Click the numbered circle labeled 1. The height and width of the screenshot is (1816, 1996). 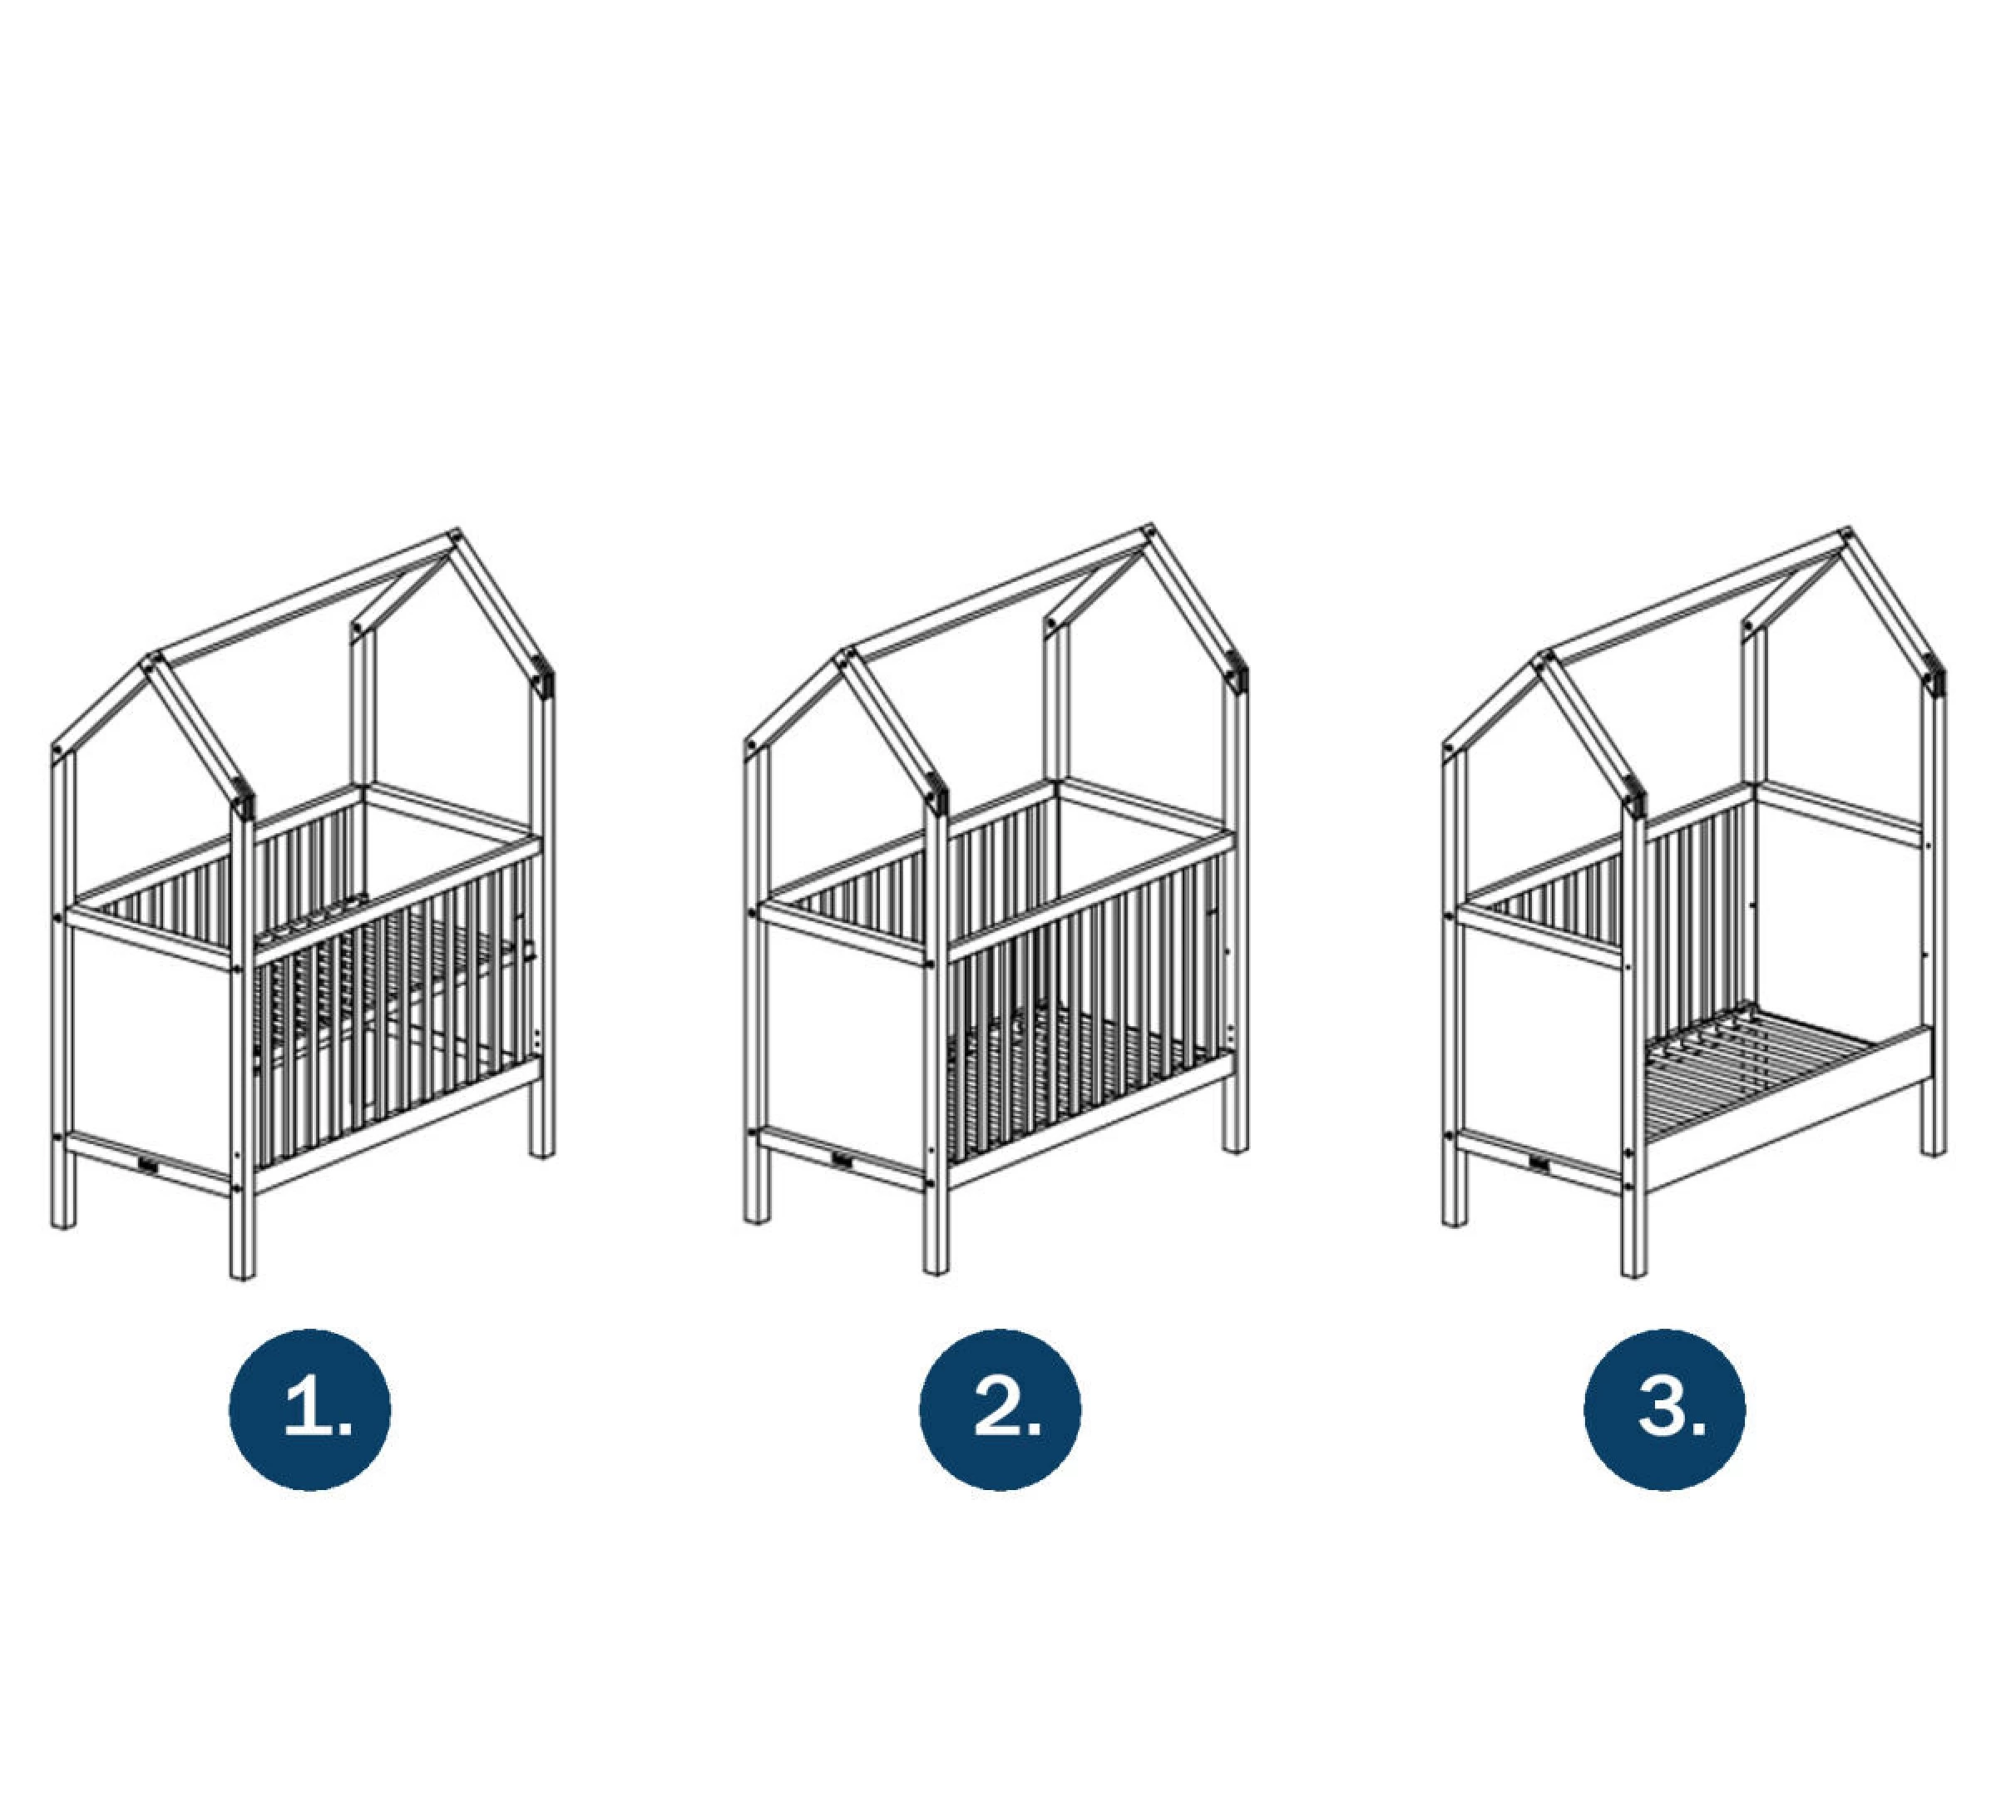[x=310, y=1409]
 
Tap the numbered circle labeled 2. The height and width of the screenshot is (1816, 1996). [x=1000, y=1409]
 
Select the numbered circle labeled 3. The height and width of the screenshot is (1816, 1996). [x=1664, y=1409]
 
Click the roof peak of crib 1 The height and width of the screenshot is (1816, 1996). [x=456, y=535]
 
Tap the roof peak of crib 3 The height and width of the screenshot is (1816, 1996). [x=1845, y=535]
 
